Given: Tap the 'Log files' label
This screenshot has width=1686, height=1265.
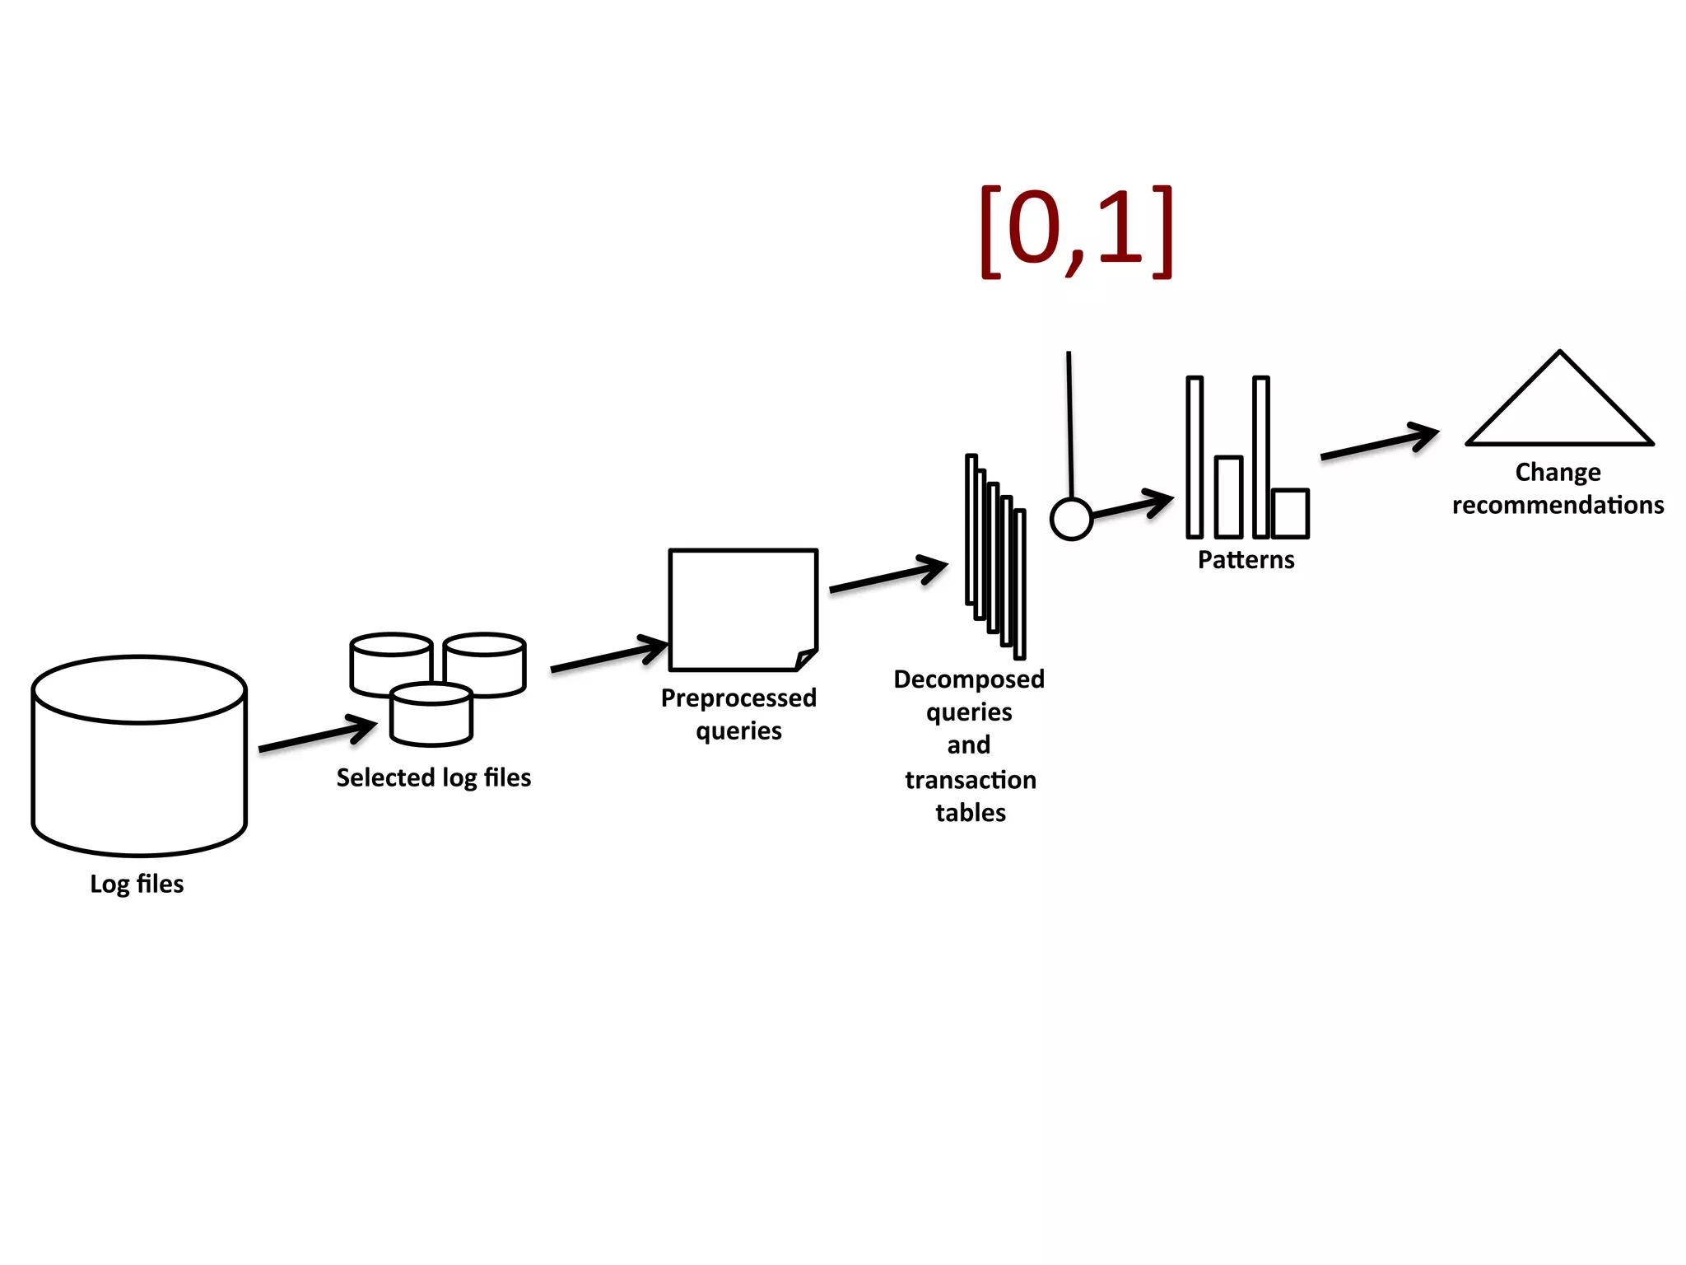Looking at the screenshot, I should pyautogui.click(x=137, y=884).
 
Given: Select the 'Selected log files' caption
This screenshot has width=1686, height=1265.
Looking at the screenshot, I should pyautogui.click(x=433, y=777).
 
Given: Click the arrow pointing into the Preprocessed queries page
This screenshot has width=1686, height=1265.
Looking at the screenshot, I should pyautogui.click(x=609, y=656).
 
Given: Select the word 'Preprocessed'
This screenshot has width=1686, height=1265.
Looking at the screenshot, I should pyautogui.click(x=738, y=698).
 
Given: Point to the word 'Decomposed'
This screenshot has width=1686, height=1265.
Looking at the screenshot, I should pyautogui.click(x=969, y=679).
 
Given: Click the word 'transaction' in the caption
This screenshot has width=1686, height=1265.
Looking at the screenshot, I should pyautogui.click(x=971, y=779).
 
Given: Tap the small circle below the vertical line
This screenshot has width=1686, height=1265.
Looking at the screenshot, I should pyautogui.click(x=1071, y=520).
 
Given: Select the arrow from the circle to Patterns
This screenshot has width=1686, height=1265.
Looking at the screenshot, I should pyautogui.click(x=1132, y=505).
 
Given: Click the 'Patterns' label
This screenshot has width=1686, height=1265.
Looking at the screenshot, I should pyautogui.click(x=1246, y=560).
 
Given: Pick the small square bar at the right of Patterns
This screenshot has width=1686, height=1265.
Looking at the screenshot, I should pyautogui.click(x=1290, y=513).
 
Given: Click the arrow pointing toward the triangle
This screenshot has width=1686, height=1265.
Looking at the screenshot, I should pyautogui.click(x=1380, y=443).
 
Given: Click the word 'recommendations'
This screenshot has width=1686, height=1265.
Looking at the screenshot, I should pyautogui.click(x=1558, y=505).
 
